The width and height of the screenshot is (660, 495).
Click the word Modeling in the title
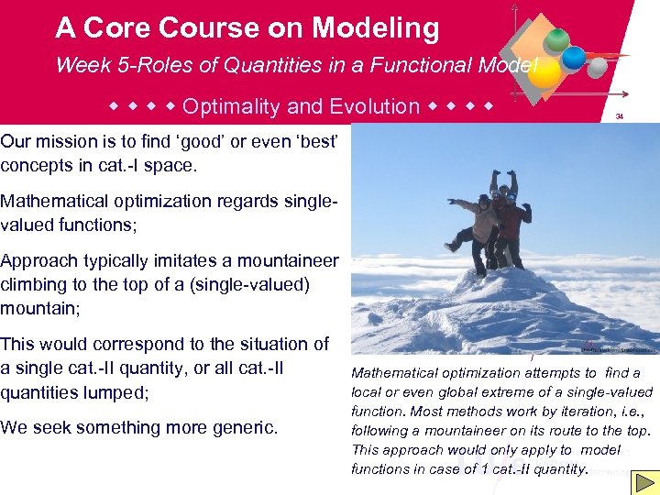(375, 28)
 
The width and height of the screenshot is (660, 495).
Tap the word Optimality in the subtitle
(231, 106)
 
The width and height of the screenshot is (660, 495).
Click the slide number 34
(620, 117)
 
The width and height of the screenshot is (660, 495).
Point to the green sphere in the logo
(556, 41)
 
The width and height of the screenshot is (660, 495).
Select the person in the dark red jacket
(511, 225)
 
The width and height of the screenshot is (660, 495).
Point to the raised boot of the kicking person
(452, 247)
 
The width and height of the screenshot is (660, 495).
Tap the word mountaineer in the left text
(281, 261)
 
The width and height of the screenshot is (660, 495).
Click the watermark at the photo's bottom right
(619, 348)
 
